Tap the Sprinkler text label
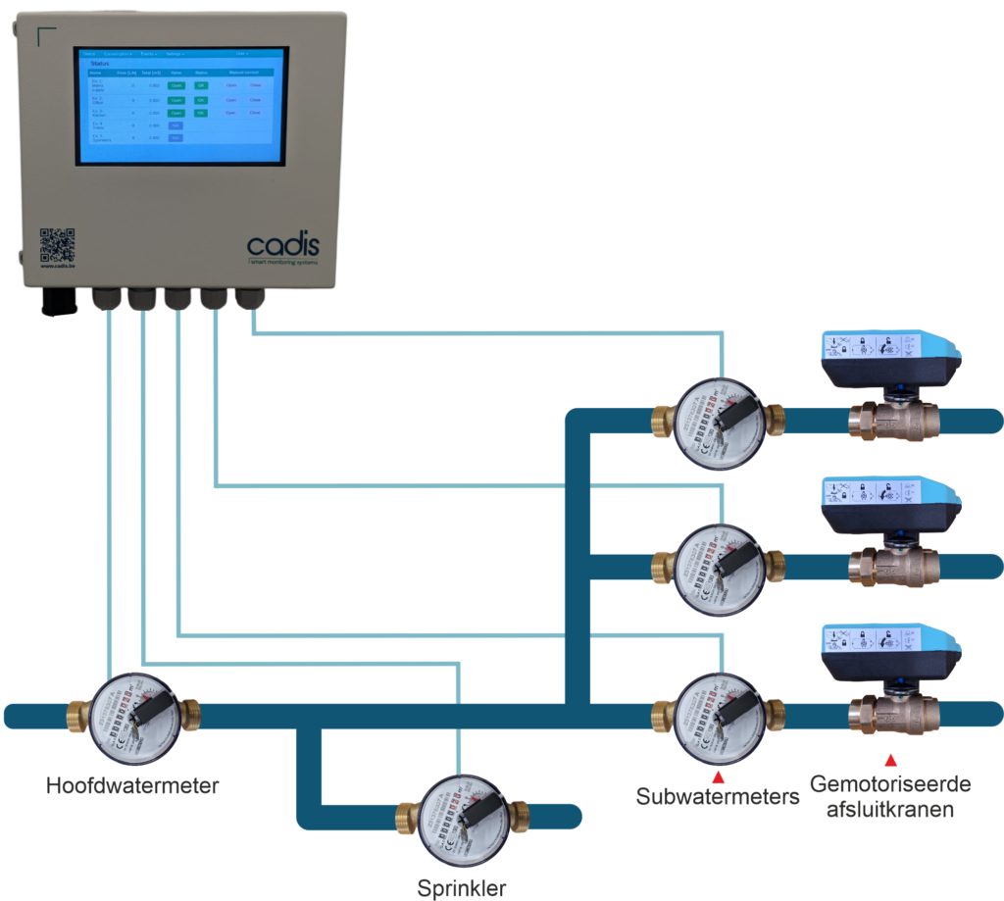(462, 888)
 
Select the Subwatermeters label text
(717, 795)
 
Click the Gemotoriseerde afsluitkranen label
(890, 797)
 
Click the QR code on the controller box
(57, 244)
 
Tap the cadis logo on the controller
(282, 244)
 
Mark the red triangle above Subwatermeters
(717, 777)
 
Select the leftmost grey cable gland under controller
(106, 299)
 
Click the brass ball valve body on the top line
(893, 421)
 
